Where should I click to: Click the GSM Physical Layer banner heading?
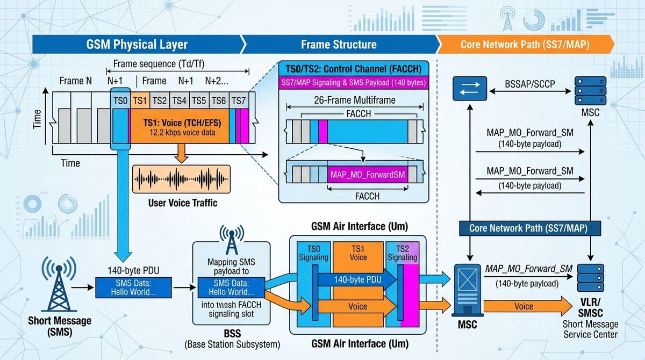137,44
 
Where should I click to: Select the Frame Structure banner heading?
339,44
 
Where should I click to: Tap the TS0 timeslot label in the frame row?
120,100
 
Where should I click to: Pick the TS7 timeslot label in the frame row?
239,100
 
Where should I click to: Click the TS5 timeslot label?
199,100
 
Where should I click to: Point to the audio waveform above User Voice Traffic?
182,179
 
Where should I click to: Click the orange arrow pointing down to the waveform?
182,153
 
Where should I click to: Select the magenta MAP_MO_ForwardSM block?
368,175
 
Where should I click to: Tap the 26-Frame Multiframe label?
354,100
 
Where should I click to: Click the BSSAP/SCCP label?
530,84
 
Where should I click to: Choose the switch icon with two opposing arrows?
470,88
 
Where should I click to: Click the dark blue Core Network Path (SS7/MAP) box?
530,228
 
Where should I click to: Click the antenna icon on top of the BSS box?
232,240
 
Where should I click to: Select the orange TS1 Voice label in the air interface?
358,253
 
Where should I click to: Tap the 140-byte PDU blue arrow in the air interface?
357,279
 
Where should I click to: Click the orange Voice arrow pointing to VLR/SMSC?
527,306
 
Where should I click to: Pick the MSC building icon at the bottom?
467,290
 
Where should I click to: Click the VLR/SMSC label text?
590,307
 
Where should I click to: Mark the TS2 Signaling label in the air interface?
402,253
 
